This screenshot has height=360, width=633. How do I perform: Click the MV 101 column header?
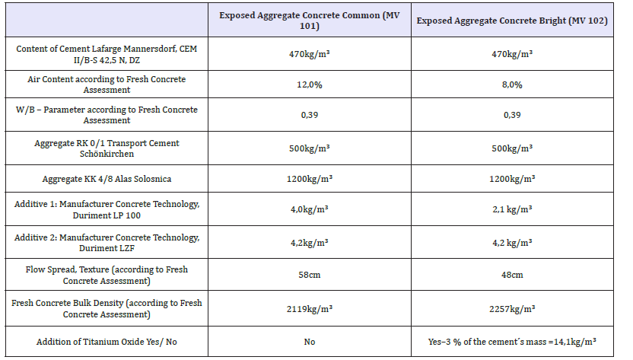(309, 21)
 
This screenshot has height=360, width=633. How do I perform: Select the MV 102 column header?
(512, 21)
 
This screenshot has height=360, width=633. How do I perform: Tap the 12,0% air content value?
(309, 84)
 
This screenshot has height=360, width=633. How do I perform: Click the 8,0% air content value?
(512, 84)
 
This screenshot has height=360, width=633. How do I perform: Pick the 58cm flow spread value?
(309, 275)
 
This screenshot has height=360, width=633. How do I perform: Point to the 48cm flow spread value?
(512, 275)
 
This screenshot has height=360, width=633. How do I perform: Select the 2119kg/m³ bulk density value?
(309, 309)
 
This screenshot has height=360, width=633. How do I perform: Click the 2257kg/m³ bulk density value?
(512, 309)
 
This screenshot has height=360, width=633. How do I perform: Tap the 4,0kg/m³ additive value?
(309, 209)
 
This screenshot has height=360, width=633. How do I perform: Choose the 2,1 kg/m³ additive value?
(512, 209)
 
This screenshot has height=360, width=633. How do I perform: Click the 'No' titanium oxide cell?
(309, 342)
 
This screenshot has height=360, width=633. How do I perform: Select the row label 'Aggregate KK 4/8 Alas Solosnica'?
(107, 179)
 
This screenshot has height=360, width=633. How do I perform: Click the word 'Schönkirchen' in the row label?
(107, 154)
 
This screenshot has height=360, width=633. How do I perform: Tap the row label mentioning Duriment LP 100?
(107, 210)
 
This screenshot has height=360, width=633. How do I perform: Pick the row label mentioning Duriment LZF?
(107, 243)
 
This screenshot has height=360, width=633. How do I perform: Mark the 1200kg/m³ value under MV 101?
(309, 179)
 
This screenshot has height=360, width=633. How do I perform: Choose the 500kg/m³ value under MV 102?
(512, 148)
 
